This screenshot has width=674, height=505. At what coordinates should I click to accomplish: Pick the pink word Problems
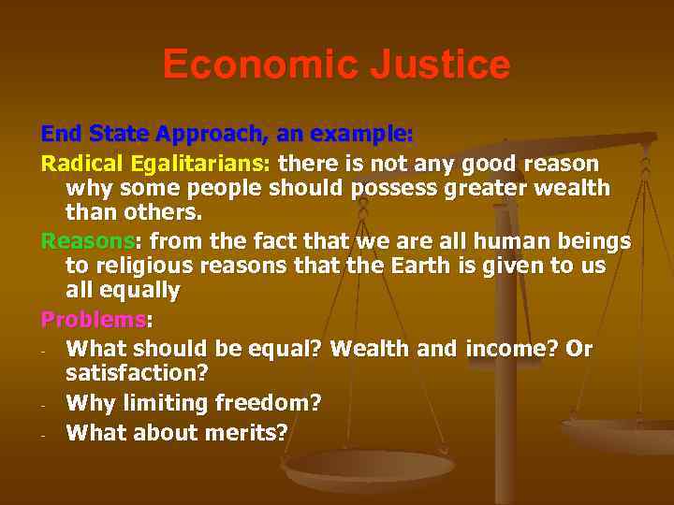click(93, 320)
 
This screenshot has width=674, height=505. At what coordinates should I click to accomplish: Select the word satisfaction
click(138, 373)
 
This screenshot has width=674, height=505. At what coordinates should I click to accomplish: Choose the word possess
click(400, 188)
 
